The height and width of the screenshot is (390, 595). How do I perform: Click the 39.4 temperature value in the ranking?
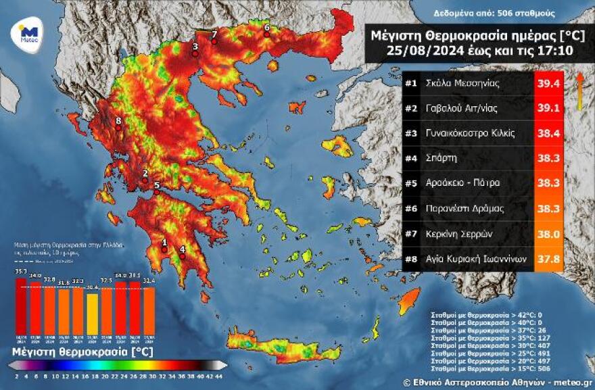tap(549, 84)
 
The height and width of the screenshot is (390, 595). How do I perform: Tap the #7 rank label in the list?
tap(411, 233)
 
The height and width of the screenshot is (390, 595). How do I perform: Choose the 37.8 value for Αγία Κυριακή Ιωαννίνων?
tap(549, 258)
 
